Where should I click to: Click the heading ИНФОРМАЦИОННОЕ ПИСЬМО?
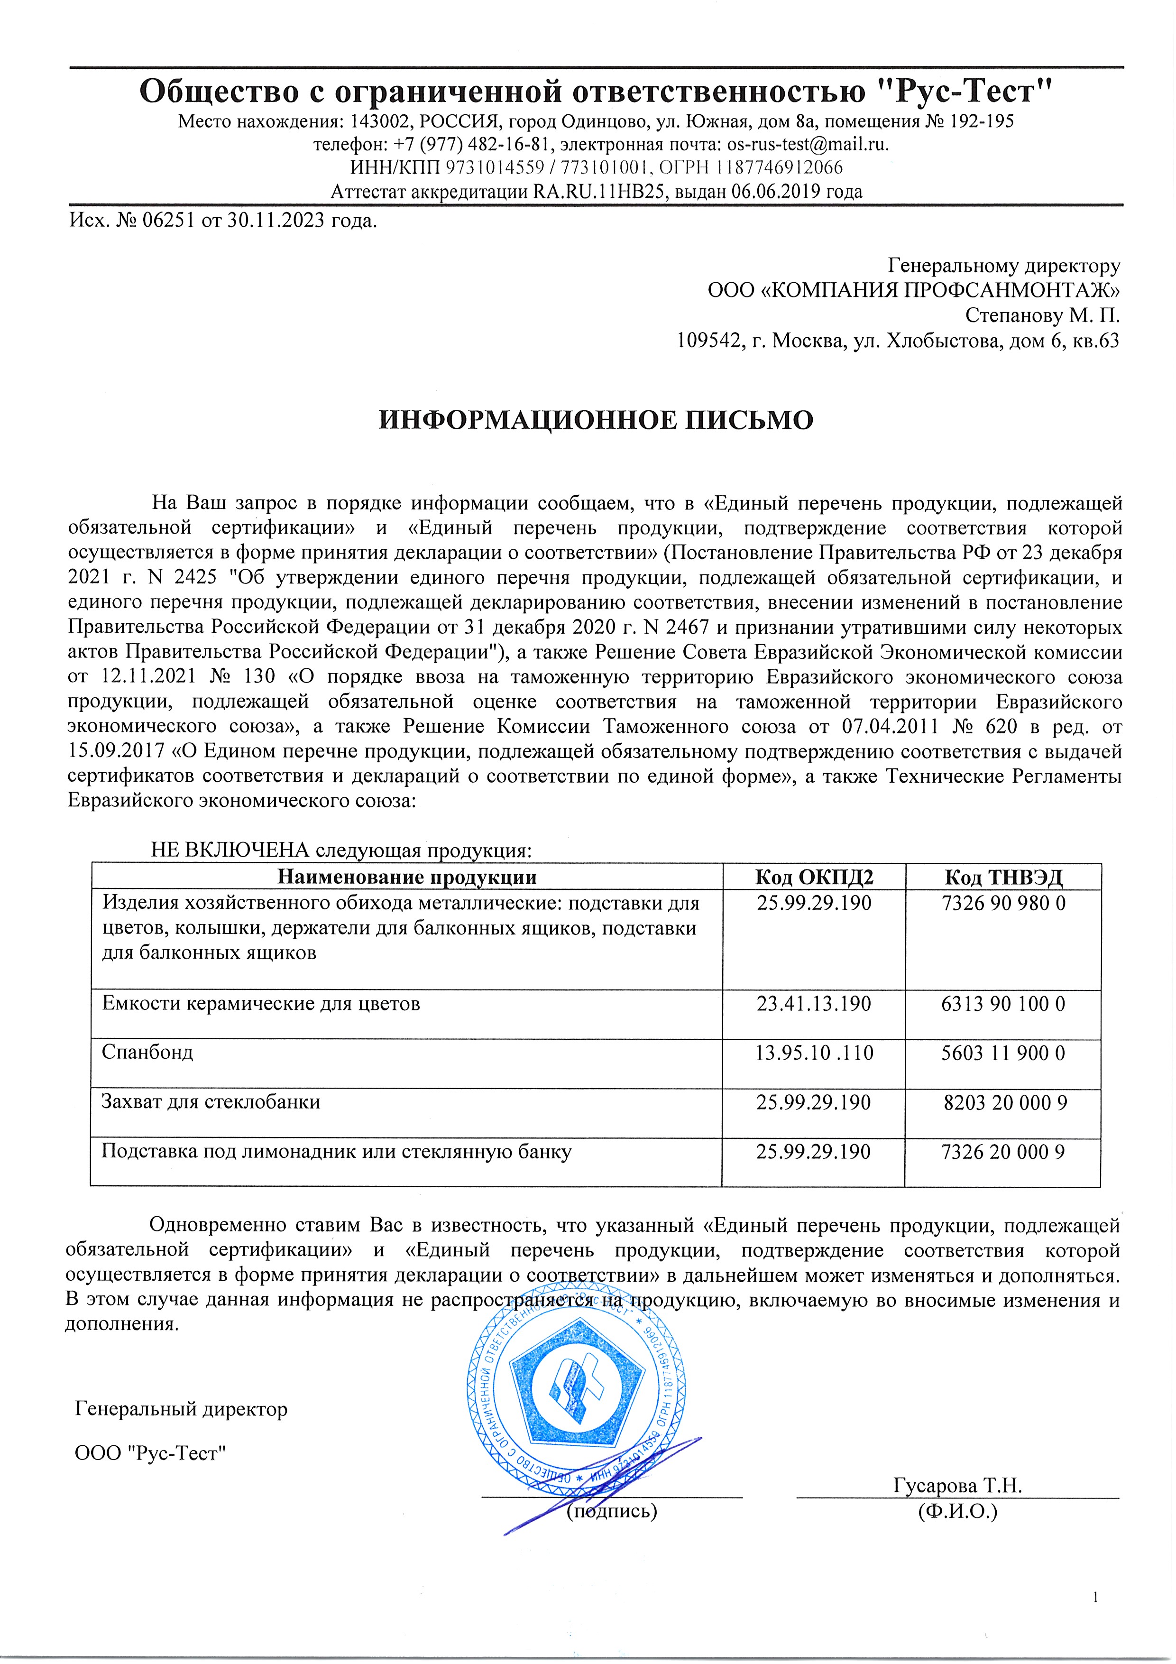596,420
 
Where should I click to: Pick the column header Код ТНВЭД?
1003,878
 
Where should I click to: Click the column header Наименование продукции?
407,878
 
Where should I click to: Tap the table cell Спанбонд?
148,1052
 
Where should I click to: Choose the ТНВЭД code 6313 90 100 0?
1003,1004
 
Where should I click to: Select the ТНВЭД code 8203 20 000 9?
1004,1102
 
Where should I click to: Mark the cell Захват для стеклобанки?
210,1102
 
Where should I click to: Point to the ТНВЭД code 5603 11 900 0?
1003,1053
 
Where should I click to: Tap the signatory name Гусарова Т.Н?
958,1485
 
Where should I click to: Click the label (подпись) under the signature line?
612,1511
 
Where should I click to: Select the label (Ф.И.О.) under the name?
957,1511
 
